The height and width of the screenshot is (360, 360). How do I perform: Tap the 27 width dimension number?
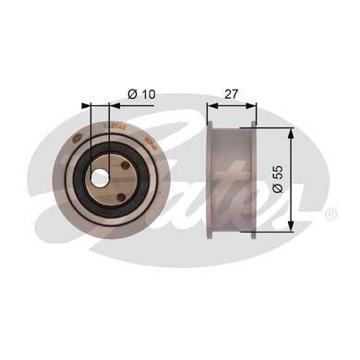[230, 92]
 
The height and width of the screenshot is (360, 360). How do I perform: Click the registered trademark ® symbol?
[330, 213]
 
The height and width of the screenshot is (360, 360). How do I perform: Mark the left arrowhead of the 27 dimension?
[213, 103]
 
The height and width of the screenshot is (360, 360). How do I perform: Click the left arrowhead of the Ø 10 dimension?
[95, 104]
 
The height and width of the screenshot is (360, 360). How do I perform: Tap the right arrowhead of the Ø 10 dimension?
[110, 104]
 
